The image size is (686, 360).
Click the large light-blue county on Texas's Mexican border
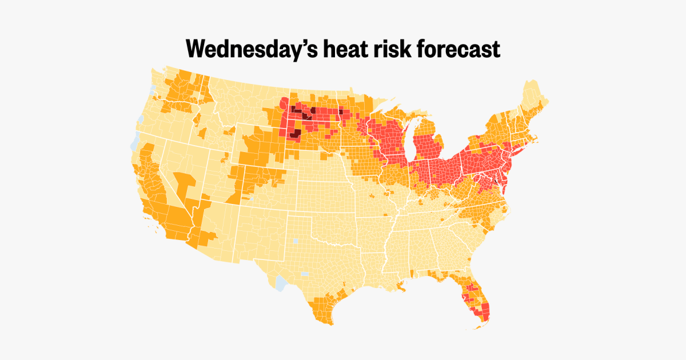coord(281,283)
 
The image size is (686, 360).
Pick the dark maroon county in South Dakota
coord(295,134)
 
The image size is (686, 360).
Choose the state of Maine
coord(533,97)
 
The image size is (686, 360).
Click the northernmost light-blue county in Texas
coord(296,241)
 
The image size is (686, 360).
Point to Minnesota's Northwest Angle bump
coord(350,89)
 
